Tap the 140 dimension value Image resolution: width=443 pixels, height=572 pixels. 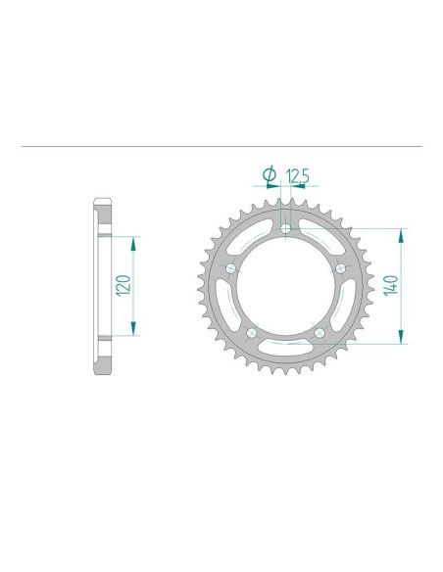(x=389, y=285)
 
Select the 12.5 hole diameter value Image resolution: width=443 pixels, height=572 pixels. (x=297, y=176)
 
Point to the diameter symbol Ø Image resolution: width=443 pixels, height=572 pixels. (x=269, y=176)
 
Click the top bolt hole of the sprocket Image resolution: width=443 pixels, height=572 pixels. (x=285, y=229)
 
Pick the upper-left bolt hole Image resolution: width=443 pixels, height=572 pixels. (x=231, y=269)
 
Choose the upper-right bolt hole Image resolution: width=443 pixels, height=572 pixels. (x=340, y=268)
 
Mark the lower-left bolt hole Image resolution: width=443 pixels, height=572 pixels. (x=252, y=334)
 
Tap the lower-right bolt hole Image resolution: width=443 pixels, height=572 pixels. (x=320, y=334)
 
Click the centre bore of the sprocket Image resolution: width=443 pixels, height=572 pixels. (x=285, y=287)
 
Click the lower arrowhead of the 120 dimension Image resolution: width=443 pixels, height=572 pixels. (x=132, y=331)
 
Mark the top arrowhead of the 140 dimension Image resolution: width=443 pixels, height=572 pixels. (x=400, y=233)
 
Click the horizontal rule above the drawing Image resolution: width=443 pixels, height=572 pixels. (x=221, y=148)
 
